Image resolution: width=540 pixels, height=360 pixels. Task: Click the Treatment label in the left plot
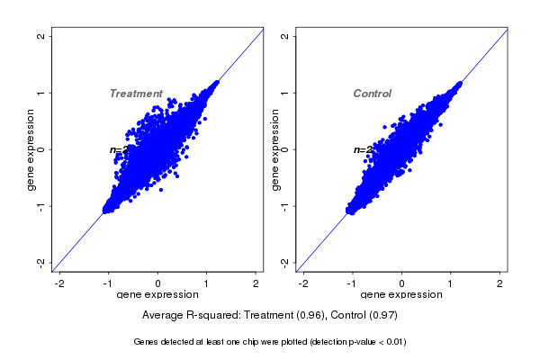coord(136,94)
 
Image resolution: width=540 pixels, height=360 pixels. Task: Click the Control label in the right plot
coord(372,94)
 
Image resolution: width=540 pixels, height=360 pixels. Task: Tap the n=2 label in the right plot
coord(363,149)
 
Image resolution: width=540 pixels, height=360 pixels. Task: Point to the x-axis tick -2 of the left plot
coord(60,283)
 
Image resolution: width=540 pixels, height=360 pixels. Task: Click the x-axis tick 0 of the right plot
coord(402,283)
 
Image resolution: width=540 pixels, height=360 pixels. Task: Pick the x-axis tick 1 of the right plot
coord(451,283)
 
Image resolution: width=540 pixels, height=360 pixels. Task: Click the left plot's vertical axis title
coord(31,149)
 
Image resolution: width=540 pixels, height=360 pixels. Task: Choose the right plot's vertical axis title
coord(275,149)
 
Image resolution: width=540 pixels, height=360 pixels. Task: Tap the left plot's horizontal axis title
coord(158,295)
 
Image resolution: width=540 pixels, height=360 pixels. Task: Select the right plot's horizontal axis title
coord(402,295)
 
